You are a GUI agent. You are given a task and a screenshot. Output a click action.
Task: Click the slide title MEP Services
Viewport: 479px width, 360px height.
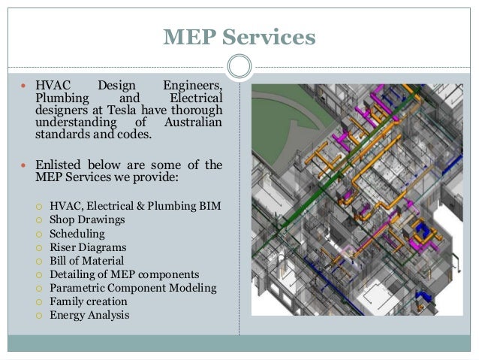(239, 36)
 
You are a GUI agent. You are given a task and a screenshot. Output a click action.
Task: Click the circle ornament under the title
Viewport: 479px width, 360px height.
(239, 65)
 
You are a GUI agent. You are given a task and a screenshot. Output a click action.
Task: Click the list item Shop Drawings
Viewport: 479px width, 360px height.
(87, 219)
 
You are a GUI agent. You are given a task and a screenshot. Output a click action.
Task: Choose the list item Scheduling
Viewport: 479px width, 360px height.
(77, 233)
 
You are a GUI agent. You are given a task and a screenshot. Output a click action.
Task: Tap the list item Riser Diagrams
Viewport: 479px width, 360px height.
(87, 247)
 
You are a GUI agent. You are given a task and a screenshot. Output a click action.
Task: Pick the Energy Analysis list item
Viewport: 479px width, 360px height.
(89, 315)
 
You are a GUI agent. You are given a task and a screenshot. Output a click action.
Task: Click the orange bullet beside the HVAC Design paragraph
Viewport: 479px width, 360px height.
(25, 86)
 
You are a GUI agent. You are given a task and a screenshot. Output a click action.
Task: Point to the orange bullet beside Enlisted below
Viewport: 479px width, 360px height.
(25, 168)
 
